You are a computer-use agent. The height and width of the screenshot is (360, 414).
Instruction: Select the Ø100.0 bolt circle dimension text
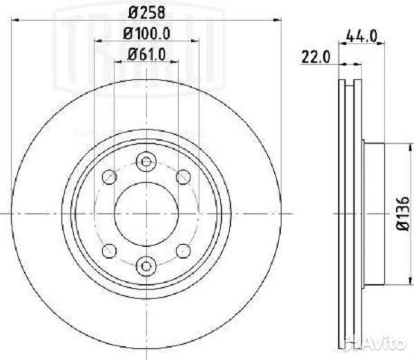145,32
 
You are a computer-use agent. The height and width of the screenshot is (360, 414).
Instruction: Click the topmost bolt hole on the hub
146,161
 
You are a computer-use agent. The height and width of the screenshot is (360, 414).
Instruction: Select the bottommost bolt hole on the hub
146,264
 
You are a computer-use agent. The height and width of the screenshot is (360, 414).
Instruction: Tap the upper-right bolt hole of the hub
183,178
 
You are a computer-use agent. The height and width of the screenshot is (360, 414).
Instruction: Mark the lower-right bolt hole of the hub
183,250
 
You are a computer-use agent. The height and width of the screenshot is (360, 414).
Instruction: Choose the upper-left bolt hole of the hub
108,178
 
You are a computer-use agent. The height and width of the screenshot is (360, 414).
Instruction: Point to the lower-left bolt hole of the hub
108,250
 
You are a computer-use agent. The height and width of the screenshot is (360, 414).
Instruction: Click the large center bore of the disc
146,213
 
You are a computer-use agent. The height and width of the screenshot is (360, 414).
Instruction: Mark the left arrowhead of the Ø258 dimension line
15,21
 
